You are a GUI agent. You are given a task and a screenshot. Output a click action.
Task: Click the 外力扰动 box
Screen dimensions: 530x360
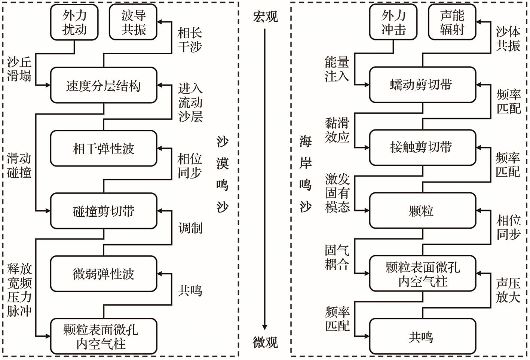tap(74, 22)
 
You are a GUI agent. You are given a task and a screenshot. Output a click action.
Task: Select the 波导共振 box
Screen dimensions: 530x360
tap(133, 22)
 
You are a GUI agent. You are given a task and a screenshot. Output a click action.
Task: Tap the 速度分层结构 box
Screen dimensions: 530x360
tap(104, 85)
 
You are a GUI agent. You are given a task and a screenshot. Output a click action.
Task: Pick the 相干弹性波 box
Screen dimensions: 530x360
tap(104, 149)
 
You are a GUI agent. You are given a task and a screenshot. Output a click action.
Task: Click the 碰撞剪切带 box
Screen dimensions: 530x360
tap(104, 211)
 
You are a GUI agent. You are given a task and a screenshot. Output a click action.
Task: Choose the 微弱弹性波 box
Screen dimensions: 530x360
tap(104, 274)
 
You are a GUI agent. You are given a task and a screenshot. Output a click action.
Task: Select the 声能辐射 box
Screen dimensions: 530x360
tap(452, 22)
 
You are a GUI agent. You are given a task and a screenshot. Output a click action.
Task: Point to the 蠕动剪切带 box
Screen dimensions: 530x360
tap(423, 85)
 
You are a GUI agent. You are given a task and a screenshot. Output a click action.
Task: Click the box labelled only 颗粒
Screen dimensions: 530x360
tap(423, 211)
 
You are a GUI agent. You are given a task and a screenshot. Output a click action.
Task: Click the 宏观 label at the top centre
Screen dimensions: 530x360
tap(265, 16)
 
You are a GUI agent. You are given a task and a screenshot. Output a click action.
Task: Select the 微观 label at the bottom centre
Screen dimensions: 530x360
tap(265, 342)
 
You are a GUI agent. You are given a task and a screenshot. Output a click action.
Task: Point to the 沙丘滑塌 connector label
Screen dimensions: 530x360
tap(19, 69)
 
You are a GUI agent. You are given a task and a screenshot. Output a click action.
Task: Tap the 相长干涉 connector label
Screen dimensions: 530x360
tap(190, 40)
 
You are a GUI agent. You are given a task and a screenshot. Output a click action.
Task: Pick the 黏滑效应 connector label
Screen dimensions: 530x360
tap(337, 130)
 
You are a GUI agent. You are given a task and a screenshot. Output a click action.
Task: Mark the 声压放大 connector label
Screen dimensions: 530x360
tap(508, 290)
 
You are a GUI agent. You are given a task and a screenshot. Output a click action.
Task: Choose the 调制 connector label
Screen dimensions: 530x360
tap(190, 228)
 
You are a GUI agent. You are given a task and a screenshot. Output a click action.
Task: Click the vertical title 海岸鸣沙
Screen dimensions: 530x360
tap(305, 174)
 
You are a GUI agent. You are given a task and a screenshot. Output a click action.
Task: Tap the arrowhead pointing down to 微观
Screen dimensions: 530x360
tap(265, 327)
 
